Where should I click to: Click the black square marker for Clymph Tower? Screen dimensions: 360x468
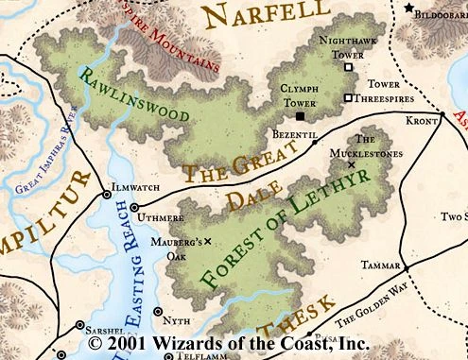[x=300, y=116]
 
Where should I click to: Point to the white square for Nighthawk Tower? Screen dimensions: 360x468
[x=349, y=67]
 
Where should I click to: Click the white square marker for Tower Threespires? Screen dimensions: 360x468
[x=348, y=97]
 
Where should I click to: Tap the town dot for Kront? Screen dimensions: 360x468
[x=441, y=115]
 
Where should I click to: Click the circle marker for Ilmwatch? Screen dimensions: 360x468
[x=106, y=195]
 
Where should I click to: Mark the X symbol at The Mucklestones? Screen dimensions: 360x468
[x=352, y=164]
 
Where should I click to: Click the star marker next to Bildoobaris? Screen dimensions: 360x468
[x=409, y=8]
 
